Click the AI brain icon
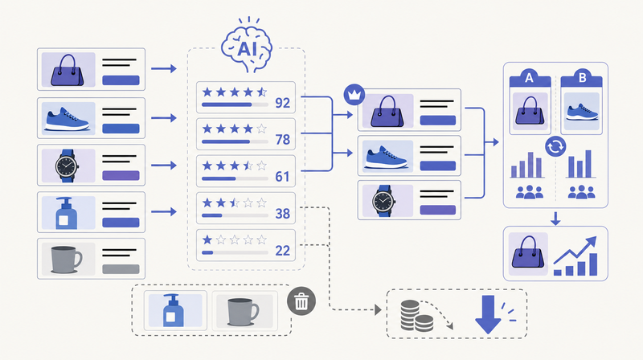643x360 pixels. [x=247, y=45]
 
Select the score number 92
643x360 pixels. [x=283, y=103]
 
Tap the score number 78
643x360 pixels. [x=283, y=139]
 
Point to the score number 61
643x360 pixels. [x=282, y=176]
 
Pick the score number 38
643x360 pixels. [x=283, y=213]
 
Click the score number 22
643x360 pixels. [x=283, y=250]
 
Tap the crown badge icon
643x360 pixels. [x=354, y=95]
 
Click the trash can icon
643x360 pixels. [x=301, y=301]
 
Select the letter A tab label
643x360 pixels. [x=529, y=77]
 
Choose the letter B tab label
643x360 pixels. [x=582, y=77]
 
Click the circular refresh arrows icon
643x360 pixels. [x=555, y=146]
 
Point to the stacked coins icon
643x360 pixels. [x=416, y=316]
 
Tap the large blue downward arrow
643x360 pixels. [x=488, y=314]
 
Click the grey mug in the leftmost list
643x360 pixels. [x=67, y=260]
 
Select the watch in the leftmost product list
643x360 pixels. [x=67, y=166]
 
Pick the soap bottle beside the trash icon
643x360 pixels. [x=174, y=310]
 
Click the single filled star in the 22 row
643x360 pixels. [x=207, y=239]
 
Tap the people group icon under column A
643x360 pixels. [x=530, y=192]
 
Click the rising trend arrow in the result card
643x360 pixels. [x=575, y=250]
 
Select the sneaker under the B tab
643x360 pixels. [x=581, y=112]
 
